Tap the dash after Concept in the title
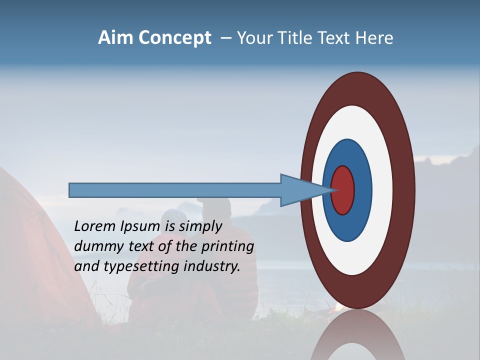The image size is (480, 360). tap(225, 38)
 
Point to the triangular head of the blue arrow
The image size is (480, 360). tap(300, 190)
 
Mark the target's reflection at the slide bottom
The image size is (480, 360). tap(357, 337)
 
